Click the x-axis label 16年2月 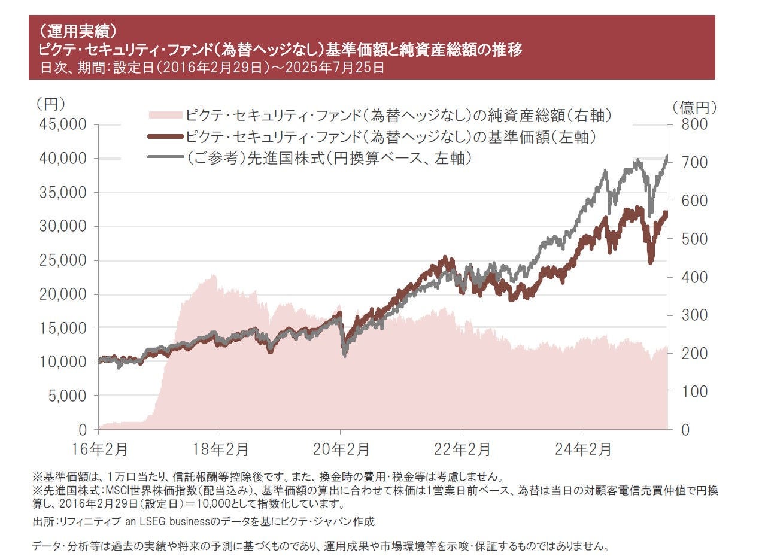98,449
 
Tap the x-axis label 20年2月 341,449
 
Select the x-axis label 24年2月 584,449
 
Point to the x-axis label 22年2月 463,449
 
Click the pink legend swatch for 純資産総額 163,114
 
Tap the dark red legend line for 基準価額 163,137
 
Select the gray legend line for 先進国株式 163,159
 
